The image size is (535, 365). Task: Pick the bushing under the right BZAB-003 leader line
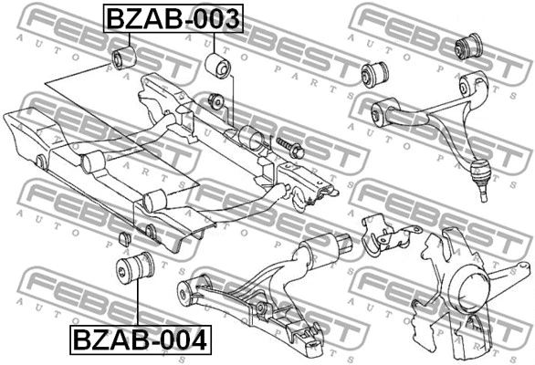pyautogui.click(x=219, y=67)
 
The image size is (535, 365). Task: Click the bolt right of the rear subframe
pyautogui.click(x=288, y=145)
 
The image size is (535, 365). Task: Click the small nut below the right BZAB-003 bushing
pyautogui.click(x=216, y=99)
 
